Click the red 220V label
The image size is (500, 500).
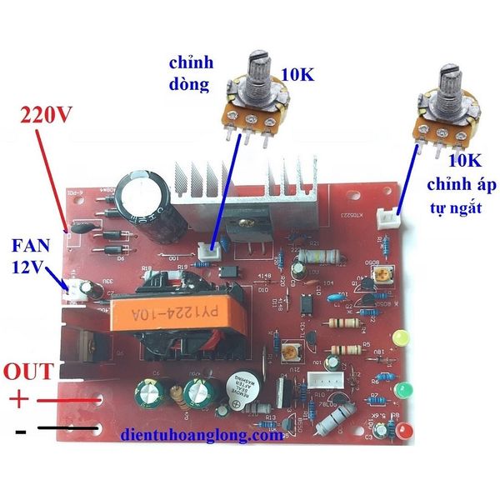click(x=42, y=115)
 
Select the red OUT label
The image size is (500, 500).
click(x=30, y=371)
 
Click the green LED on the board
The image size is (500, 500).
click(x=406, y=390)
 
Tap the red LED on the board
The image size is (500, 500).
click(x=406, y=431)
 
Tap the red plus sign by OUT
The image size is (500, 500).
click(x=17, y=399)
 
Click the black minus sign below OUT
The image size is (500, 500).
click(x=20, y=432)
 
